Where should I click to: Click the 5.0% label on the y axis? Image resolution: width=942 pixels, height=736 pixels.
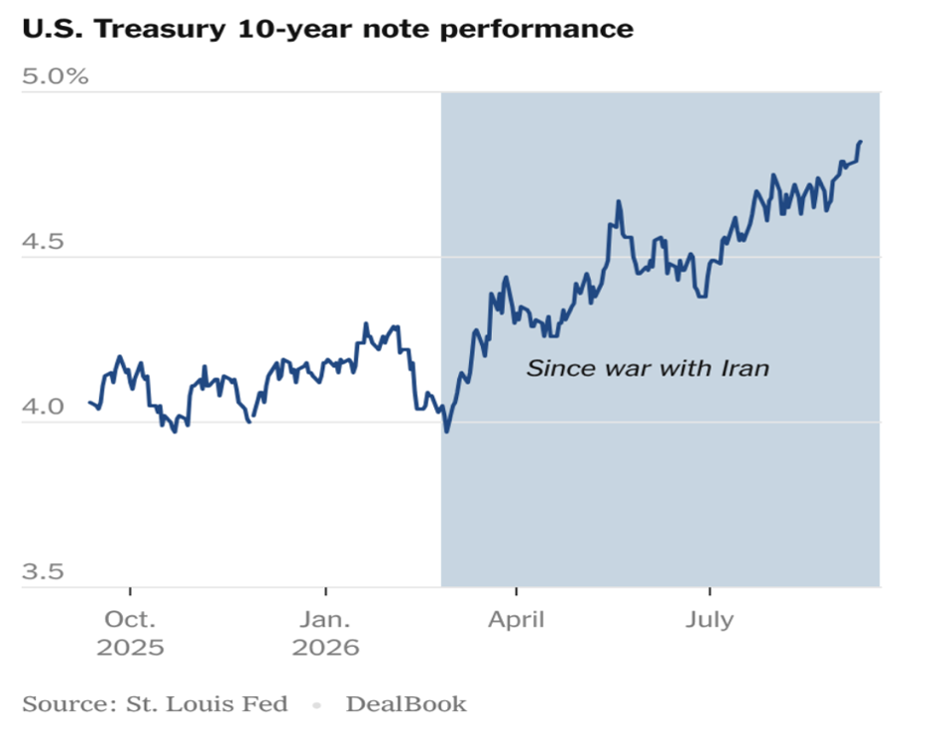[x=56, y=76]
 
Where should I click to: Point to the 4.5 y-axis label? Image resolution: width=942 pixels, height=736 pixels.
[x=43, y=241]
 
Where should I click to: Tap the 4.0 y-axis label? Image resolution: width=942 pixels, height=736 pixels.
[x=43, y=407]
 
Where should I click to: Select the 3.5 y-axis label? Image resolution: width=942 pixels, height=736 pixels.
[x=43, y=571]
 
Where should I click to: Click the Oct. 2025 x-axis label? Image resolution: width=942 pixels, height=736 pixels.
[x=130, y=633]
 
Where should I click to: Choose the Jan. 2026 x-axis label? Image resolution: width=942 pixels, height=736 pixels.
[x=325, y=633]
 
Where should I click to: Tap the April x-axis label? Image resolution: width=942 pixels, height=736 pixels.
[x=516, y=619]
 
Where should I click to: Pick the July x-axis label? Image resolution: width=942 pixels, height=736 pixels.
[x=710, y=619]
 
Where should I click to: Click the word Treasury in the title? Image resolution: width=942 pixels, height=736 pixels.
[x=160, y=29]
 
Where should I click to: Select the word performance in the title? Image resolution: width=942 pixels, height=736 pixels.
[x=536, y=29]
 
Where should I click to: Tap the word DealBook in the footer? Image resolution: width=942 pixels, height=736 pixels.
[x=407, y=704]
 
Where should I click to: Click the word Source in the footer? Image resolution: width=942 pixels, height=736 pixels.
[x=69, y=704]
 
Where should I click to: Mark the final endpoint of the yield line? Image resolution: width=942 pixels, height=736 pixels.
[x=861, y=142]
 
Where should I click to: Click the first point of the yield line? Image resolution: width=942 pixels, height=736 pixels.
[x=89, y=402]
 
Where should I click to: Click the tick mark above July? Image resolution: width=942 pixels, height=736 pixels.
[x=710, y=592]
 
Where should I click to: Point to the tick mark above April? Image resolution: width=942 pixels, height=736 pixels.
[x=516, y=592]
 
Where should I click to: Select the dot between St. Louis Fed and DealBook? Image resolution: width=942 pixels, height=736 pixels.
[x=316, y=705]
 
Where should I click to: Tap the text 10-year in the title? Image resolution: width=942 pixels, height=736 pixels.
[x=294, y=29]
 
